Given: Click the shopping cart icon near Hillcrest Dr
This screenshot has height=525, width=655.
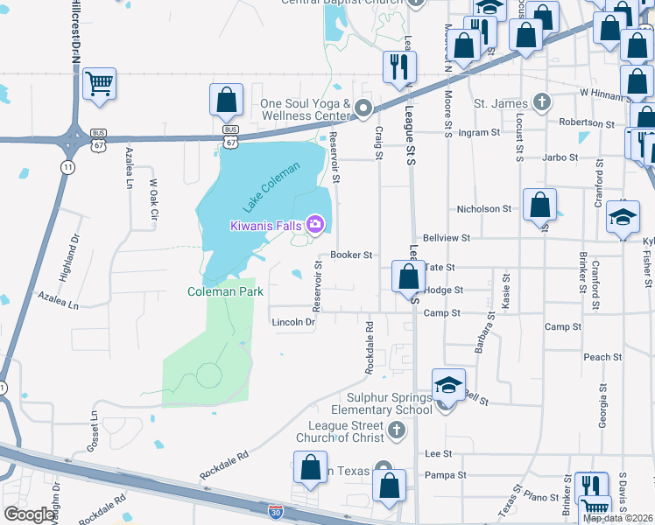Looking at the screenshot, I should pyautogui.click(x=100, y=85).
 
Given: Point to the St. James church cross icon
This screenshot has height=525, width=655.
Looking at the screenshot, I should pyautogui.click(x=542, y=102).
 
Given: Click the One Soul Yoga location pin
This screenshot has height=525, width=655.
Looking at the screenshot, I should pyautogui.click(x=364, y=108).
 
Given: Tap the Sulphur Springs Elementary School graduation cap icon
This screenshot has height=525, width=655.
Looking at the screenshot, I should pyautogui.click(x=447, y=383).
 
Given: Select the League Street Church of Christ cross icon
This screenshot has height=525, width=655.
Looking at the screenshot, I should pyautogui.click(x=397, y=430).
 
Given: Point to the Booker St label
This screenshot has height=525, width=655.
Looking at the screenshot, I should pyautogui.click(x=352, y=255).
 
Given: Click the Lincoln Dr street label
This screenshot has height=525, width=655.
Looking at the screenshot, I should pyautogui.click(x=293, y=322).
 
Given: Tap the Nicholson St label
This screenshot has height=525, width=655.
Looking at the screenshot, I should pyautogui.click(x=484, y=209).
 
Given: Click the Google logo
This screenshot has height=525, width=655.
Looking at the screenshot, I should pyautogui.click(x=30, y=514).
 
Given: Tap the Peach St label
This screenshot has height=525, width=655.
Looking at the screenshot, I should pyautogui.click(x=602, y=357).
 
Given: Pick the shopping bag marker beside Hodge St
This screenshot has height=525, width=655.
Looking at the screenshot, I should pyautogui.click(x=408, y=277).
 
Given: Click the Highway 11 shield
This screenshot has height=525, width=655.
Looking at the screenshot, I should pyautogui.click(x=67, y=165).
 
